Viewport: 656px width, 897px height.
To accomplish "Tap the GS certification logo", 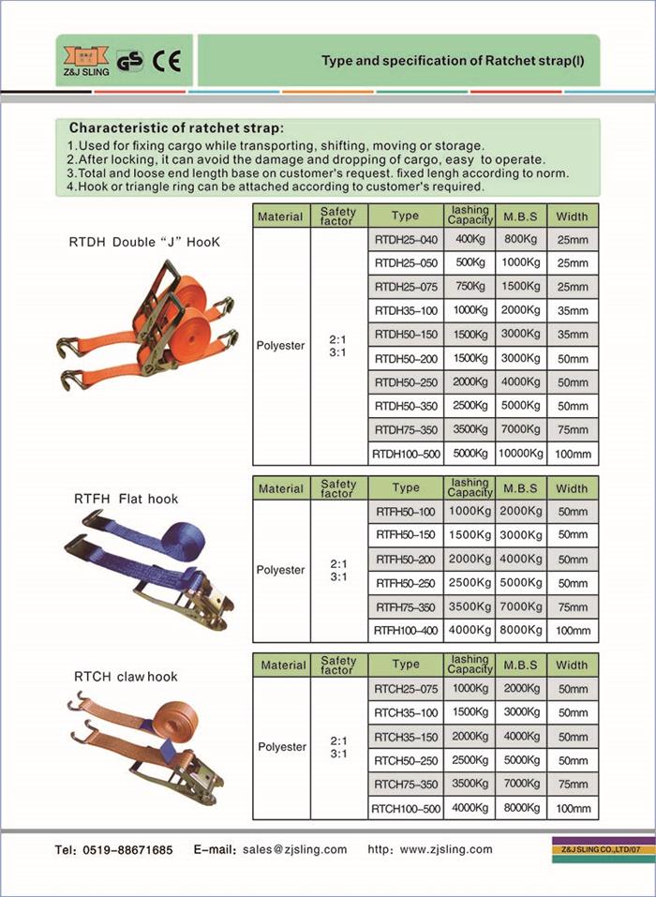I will point(131,62).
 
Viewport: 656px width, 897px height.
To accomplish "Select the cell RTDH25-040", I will point(406,240).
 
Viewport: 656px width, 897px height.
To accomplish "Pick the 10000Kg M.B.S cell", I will point(519,454).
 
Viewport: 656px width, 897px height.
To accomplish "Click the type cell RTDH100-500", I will point(406,454).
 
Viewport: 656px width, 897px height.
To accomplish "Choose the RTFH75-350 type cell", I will point(406,606).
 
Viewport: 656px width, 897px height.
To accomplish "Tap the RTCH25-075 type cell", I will point(406,689).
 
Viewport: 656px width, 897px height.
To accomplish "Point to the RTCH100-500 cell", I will point(406,808).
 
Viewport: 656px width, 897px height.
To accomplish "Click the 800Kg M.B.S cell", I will point(519,240).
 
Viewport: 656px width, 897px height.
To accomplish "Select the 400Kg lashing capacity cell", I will point(470,240).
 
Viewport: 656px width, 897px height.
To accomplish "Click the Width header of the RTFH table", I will point(572,488).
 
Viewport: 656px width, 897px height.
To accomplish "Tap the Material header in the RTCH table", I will point(282,665).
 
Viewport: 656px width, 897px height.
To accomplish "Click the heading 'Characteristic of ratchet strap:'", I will point(177,127).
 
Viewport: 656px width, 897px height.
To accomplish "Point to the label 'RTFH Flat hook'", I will point(126,499).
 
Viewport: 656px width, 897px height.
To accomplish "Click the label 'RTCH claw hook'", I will point(126,676).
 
